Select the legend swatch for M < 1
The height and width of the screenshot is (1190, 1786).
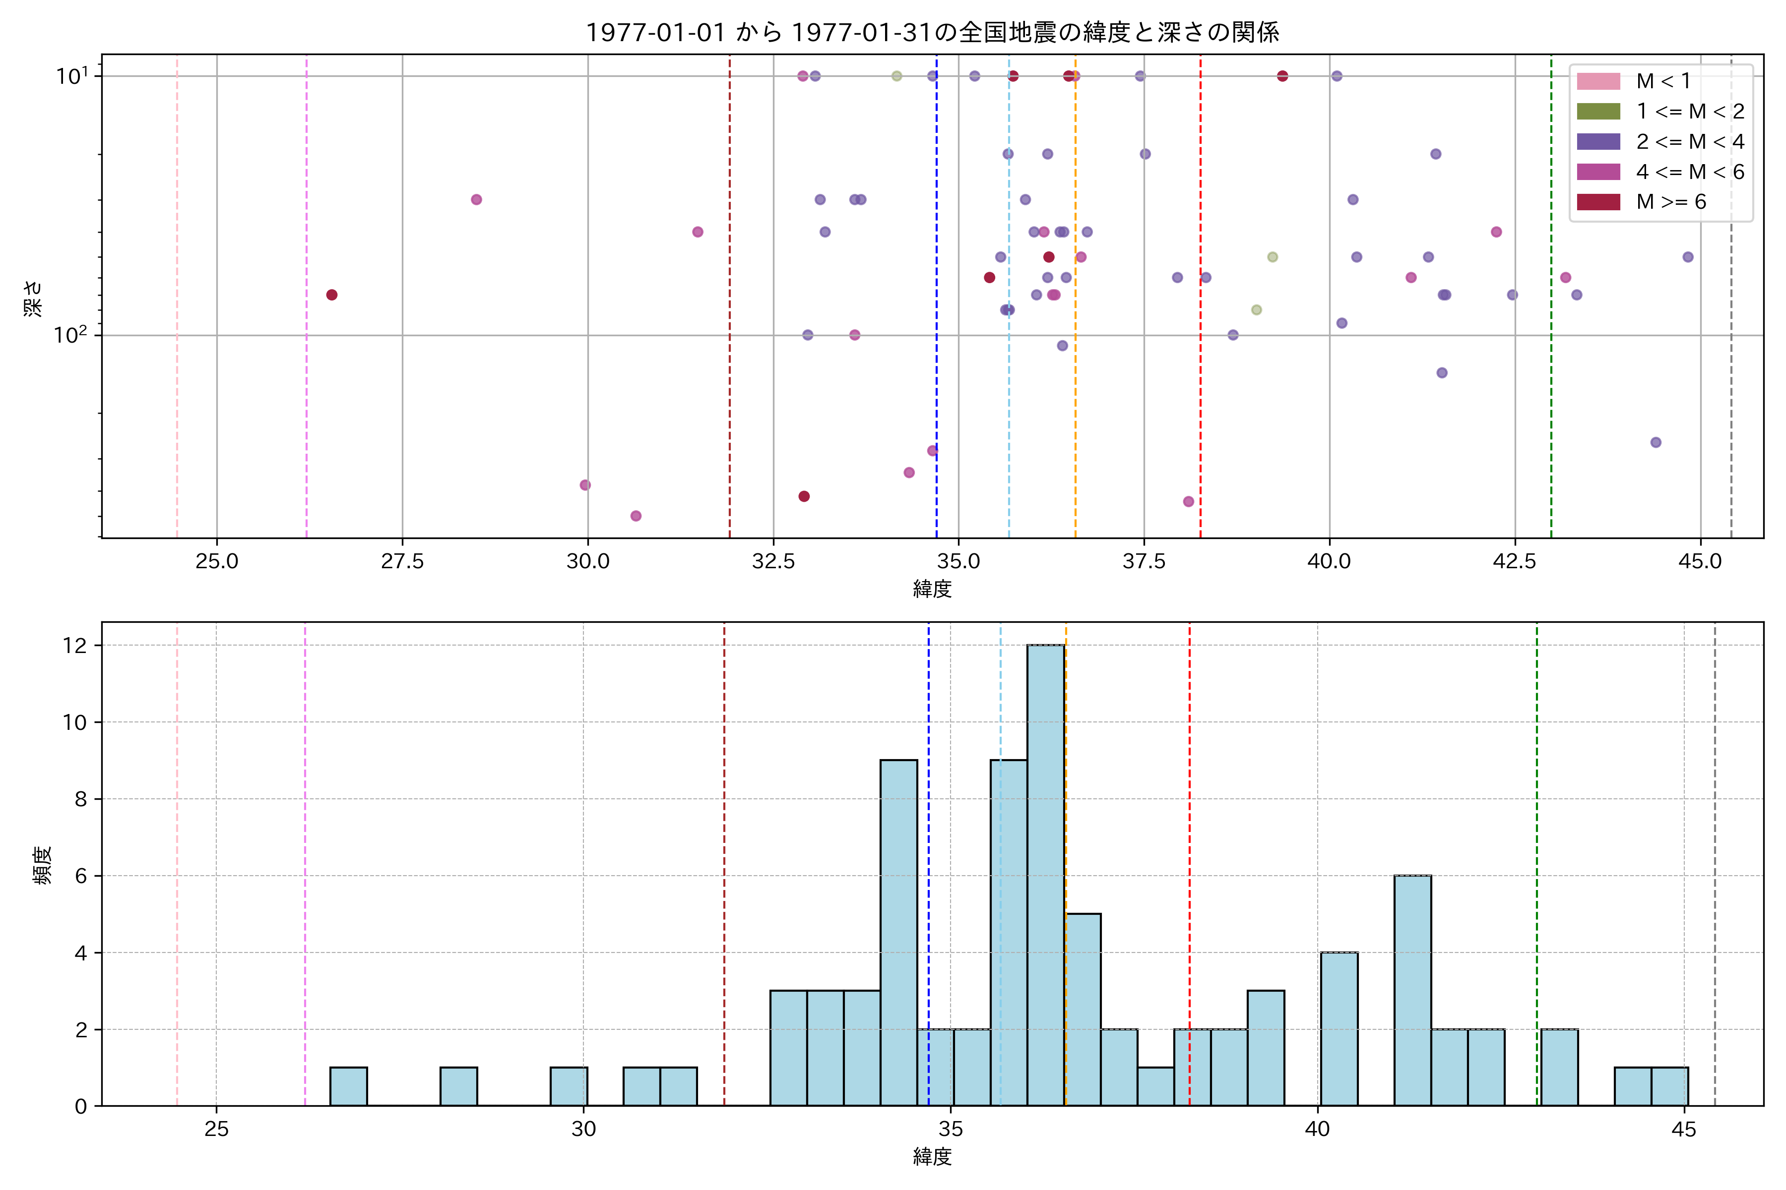tap(1598, 81)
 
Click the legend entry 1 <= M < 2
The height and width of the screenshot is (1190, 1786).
tap(1690, 112)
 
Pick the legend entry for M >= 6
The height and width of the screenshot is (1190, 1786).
tap(1670, 202)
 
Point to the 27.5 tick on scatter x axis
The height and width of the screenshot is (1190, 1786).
tap(402, 562)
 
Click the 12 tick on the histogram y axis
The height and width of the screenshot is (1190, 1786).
tap(75, 646)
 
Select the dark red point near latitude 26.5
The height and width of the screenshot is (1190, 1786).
tap(332, 295)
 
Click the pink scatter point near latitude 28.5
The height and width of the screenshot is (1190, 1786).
tap(476, 200)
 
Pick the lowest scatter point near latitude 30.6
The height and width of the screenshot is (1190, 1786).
tap(636, 516)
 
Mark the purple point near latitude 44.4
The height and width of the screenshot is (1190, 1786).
tap(1656, 442)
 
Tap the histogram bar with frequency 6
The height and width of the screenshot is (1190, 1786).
tap(1412, 990)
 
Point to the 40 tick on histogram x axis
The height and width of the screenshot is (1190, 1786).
tap(1317, 1130)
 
